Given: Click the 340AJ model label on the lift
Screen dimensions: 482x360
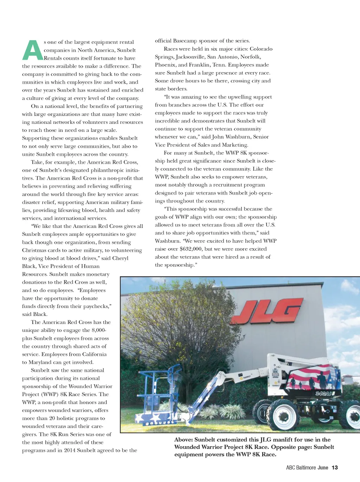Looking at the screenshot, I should pos(323,393).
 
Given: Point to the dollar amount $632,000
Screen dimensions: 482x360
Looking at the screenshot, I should pos(191,249).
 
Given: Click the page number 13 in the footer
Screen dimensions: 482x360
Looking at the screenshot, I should pos(335,468).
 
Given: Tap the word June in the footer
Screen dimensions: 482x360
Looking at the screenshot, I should pos(323,468).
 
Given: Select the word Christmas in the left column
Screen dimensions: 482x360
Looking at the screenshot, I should pos(34,250).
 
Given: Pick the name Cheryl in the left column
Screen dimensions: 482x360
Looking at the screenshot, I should pos(120,258).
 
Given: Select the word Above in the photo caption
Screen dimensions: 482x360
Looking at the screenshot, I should pos(183,440).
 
